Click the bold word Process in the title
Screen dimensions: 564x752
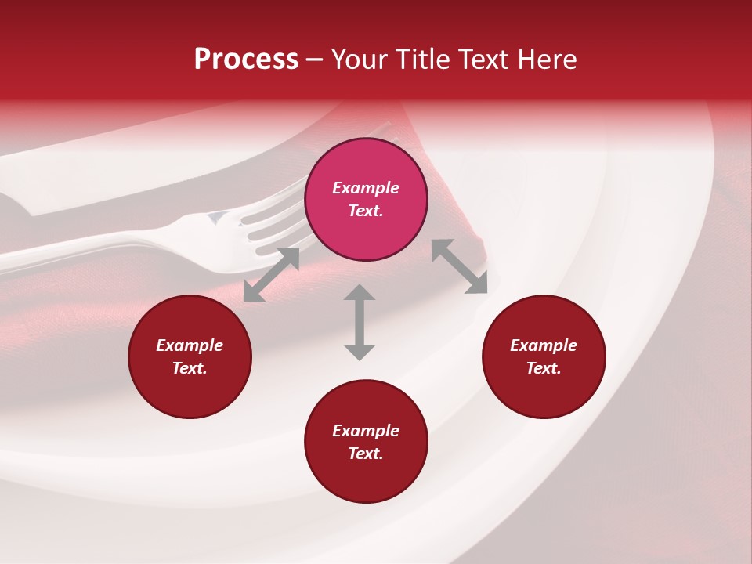click(x=246, y=60)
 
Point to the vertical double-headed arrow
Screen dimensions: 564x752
click(x=360, y=322)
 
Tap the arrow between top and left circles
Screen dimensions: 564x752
click(x=271, y=275)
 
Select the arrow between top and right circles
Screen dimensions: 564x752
click(x=459, y=266)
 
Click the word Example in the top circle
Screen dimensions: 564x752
click(x=366, y=188)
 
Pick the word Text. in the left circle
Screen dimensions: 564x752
click(x=190, y=368)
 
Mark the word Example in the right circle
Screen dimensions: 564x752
click(x=544, y=345)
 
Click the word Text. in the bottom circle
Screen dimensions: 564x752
click(x=366, y=454)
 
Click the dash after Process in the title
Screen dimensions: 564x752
click(x=314, y=60)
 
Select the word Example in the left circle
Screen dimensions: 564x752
click(x=190, y=345)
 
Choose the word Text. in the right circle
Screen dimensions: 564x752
click(x=544, y=368)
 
